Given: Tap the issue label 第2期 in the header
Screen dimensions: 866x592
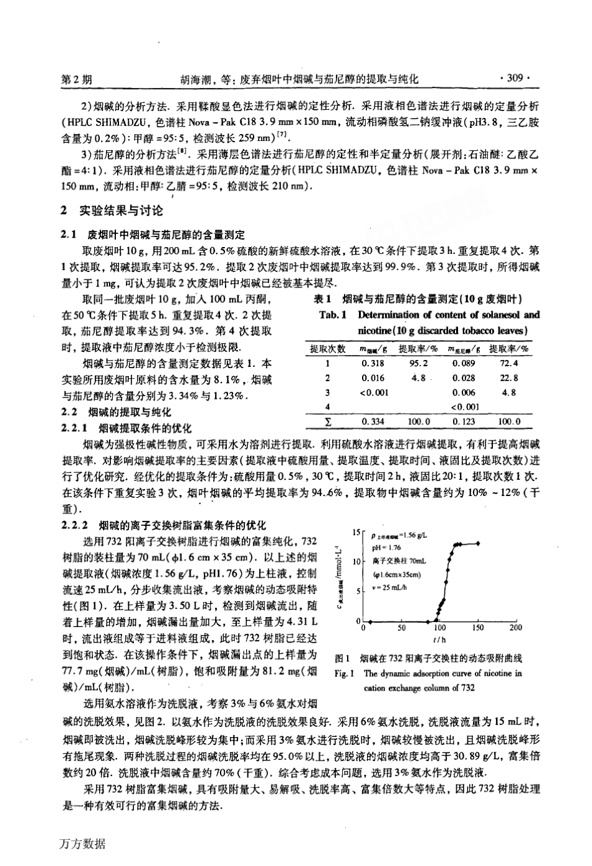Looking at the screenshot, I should pos(78,79).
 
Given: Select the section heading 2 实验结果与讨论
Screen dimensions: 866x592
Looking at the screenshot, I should pos(112,211).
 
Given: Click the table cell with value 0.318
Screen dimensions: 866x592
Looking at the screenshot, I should pos(373,363).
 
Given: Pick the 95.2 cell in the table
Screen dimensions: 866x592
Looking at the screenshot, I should pos(418,363).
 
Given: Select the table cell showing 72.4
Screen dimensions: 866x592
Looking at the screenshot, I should pos(508,363).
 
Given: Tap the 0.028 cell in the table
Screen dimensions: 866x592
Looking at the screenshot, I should pos(464,378).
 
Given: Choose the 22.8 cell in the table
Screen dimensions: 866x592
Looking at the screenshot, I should pos(508,378).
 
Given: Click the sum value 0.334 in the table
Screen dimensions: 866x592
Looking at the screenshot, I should pos(373,422).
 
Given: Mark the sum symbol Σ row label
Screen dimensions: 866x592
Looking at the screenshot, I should pos(327,422).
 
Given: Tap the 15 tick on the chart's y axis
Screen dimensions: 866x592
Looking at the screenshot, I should pos(356,532).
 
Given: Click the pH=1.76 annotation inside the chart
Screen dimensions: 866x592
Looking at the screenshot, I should pos(385,548).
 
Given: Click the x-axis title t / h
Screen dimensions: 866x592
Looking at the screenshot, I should pos(440,639).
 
